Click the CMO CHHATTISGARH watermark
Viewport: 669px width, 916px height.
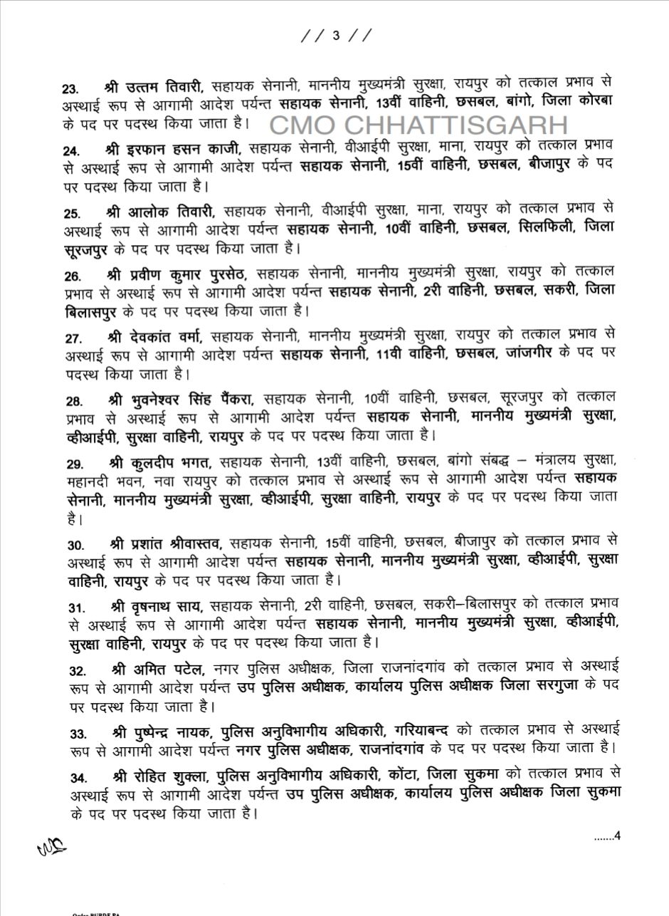click(x=418, y=125)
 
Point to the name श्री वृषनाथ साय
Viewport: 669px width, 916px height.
click(x=157, y=606)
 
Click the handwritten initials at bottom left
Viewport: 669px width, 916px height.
click(x=52, y=845)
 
